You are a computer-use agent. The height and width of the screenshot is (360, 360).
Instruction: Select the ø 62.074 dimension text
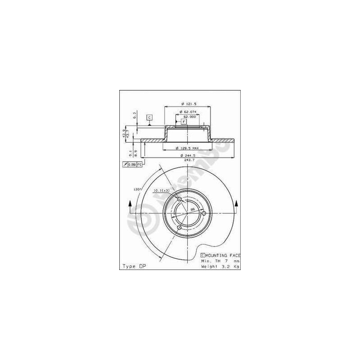tap(187, 112)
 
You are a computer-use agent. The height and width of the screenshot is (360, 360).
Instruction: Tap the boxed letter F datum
tap(184, 121)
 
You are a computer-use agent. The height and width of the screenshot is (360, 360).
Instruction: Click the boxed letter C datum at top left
tap(150, 117)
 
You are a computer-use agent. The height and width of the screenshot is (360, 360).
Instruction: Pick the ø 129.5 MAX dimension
tap(187, 148)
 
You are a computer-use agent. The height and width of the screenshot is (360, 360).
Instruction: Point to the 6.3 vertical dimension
tap(135, 115)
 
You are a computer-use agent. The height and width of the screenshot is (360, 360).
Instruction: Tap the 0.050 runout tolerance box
tap(132, 165)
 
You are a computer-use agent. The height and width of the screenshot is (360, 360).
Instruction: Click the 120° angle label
tap(138, 189)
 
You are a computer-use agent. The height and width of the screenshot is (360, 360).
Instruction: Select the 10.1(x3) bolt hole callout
tap(162, 190)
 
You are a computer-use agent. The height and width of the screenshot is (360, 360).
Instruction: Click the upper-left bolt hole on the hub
tap(179, 199)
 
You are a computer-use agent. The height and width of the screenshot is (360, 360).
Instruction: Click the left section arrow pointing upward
tap(130, 206)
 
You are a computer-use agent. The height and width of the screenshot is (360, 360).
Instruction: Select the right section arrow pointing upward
tap(237, 206)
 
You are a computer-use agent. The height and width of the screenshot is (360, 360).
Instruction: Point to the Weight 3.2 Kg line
tap(220, 266)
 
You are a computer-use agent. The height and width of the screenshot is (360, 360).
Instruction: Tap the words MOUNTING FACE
tap(223, 255)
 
